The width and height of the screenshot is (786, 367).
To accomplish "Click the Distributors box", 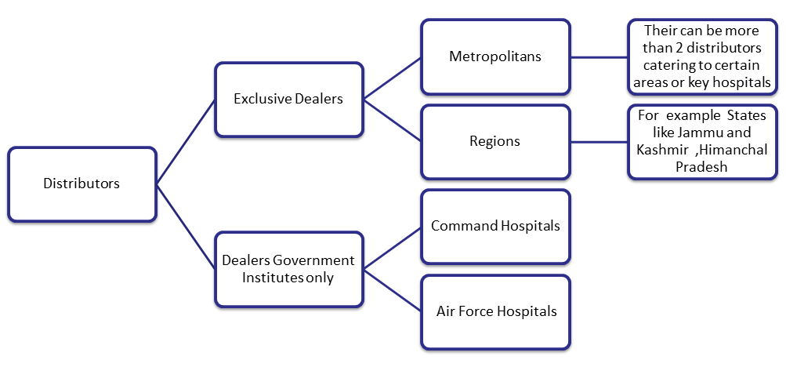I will (x=81, y=184).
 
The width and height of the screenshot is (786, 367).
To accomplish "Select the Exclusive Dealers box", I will (x=288, y=99).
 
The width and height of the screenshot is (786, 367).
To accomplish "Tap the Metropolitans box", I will (x=495, y=56).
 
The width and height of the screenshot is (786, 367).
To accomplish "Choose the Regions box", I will (x=495, y=142).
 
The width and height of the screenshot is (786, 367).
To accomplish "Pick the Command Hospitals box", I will (x=495, y=226).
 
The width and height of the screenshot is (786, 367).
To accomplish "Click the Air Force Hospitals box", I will (x=495, y=311).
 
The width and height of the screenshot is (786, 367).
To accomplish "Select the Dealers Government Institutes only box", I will (x=288, y=268).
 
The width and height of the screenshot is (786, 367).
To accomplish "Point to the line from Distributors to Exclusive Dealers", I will (x=186, y=142).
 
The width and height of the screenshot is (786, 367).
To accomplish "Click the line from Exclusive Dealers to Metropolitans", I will (x=392, y=78).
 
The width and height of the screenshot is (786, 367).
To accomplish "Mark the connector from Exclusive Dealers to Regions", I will (x=392, y=120).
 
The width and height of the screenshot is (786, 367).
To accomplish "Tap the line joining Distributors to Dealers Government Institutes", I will (x=186, y=227).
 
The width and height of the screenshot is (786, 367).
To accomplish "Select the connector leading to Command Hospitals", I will (x=392, y=247).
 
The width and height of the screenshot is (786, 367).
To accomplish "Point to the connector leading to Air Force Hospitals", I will (x=392, y=290).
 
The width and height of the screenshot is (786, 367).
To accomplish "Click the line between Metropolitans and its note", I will (x=599, y=56).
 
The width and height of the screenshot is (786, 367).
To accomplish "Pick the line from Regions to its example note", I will (x=599, y=142).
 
